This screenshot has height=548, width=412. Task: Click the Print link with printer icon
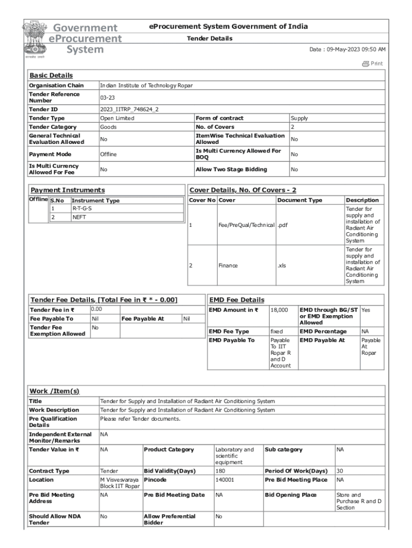click(x=372, y=64)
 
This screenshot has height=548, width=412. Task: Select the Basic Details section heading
click(x=51, y=75)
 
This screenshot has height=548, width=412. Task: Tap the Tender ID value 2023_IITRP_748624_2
click(x=129, y=109)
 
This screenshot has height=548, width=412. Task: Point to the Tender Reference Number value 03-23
click(x=108, y=97)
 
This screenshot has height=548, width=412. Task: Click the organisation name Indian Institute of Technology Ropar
click(x=146, y=86)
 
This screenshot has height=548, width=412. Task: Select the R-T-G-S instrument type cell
click(x=81, y=208)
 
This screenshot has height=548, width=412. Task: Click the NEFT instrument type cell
click(x=79, y=217)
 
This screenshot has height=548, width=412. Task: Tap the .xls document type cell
click(x=282, y=265)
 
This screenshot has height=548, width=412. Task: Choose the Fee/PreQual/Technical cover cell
click(x=246, y=225)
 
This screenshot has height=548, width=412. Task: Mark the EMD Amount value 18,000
click(x=279, y=310)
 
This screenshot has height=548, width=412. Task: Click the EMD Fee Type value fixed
click(x=277, y=332)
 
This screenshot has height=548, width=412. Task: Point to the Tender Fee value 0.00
click(x=96, y=309)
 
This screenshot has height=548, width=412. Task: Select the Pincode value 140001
click(x=224, y=480)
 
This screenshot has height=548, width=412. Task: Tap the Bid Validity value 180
click(x=220, y=471)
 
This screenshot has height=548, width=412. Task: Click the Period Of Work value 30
click(x=340, y=471)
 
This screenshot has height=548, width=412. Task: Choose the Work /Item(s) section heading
click(x=55, y=391)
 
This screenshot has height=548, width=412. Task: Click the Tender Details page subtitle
click(x=209, y=39)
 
